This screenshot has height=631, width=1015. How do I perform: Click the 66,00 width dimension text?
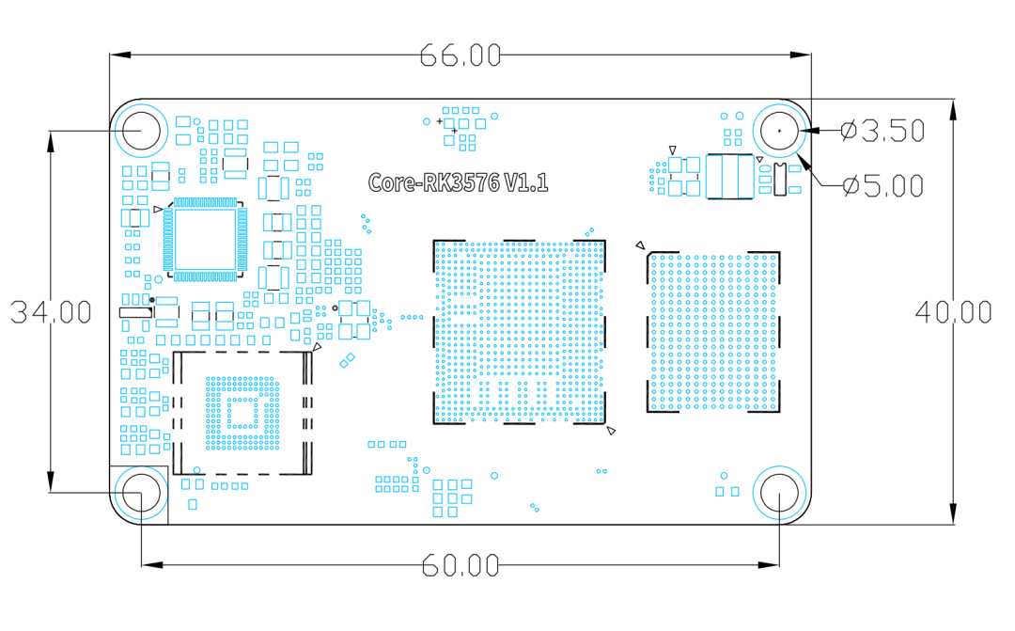pos(461,55)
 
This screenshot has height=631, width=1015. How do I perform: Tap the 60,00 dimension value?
pos(461,565)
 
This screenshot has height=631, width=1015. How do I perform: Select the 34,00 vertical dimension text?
pos(51,312)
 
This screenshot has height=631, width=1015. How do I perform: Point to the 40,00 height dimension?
pos(954,312)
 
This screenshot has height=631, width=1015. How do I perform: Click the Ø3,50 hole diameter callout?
pos(882,131)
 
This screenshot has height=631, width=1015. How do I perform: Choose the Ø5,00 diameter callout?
pos(882,185)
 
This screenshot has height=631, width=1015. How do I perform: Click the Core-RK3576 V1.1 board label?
pos(457,182)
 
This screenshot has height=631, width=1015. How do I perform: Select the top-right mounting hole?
pos(780,130)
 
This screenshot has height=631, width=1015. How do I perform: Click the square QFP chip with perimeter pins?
pos(205,240)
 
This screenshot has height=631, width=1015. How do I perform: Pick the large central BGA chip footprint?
pos(520,331)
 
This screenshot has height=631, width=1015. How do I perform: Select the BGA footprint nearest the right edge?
pos(714,332)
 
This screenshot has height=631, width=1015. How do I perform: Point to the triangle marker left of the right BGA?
pos(640,245)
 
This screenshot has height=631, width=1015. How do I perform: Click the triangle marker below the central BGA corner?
pos(611,431)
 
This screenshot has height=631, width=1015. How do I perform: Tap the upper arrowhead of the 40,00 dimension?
pos(954,108)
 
